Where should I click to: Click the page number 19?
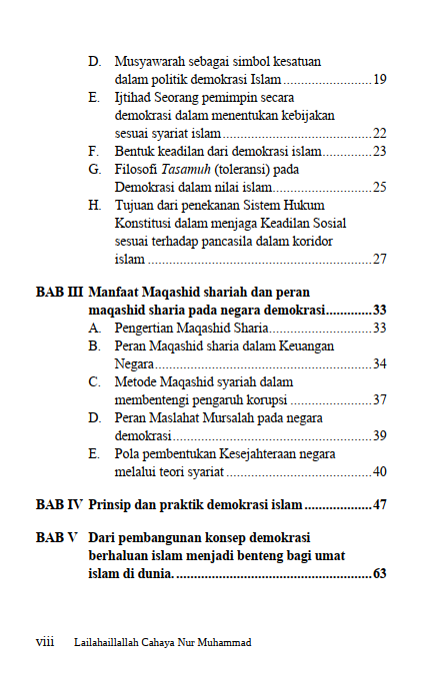[380, 78]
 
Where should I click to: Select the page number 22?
[380, 133]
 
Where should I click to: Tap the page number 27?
[380, 260]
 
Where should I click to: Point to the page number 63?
[380, 574]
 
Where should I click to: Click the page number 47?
[380, 505]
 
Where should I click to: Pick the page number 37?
[380, 399]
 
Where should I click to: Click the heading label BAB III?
[59, 294]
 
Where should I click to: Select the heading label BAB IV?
[59, 505]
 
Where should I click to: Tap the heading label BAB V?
[57, 538]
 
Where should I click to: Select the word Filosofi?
[136, 169]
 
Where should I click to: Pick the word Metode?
[136, 381]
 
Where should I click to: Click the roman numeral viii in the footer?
[45, 642]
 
